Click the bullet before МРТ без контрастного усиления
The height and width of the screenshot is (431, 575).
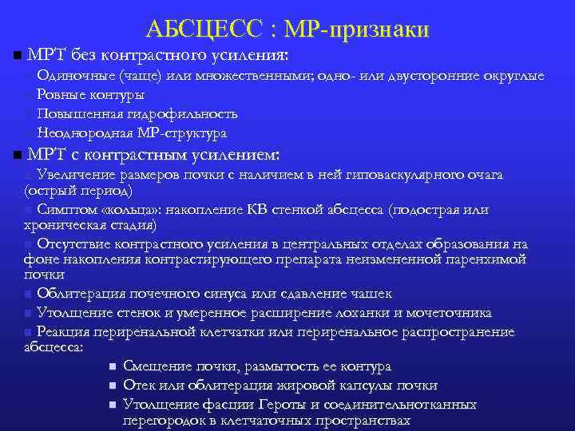point(18,57)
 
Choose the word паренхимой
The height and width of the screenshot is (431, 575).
point(485,259)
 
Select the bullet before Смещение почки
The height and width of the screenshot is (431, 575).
point(113,367)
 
